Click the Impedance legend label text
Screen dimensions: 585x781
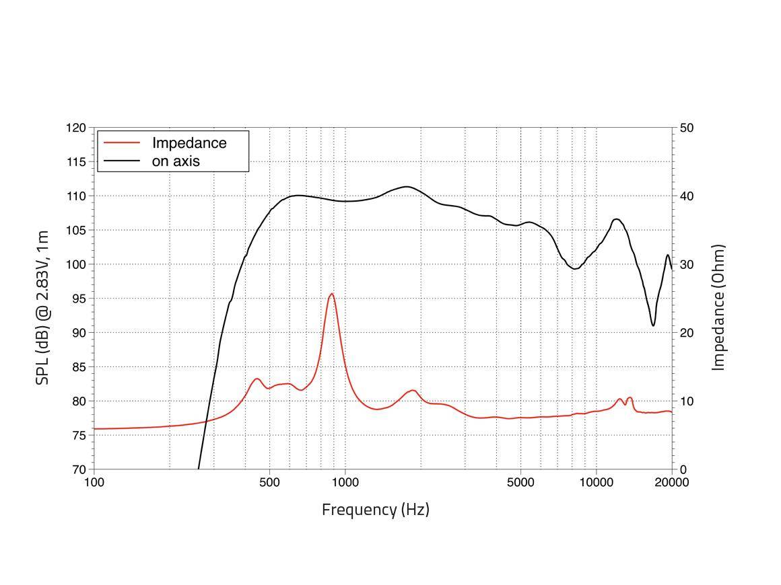coord(189,143)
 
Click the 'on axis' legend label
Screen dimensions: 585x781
coord(176,161)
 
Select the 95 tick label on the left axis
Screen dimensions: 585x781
coord(79,299)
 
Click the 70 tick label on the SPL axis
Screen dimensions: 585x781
coord(79,469)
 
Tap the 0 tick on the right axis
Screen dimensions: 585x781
coord(683,469)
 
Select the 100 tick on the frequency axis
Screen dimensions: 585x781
coord(94,482)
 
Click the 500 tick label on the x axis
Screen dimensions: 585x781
coord(269,482)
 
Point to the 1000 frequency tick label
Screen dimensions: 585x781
coord(345,482)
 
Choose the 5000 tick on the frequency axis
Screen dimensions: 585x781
coord(520,482)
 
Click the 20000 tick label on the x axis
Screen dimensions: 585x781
coord(672,482)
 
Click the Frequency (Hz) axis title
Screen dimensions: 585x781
coord(375,510)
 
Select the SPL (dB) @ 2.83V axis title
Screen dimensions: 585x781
coord(42,307)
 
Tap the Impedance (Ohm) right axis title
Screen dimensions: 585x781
coord(719,307)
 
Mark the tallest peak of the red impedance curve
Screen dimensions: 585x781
coord(331,294)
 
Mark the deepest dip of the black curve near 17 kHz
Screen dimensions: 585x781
coord(653,325)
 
